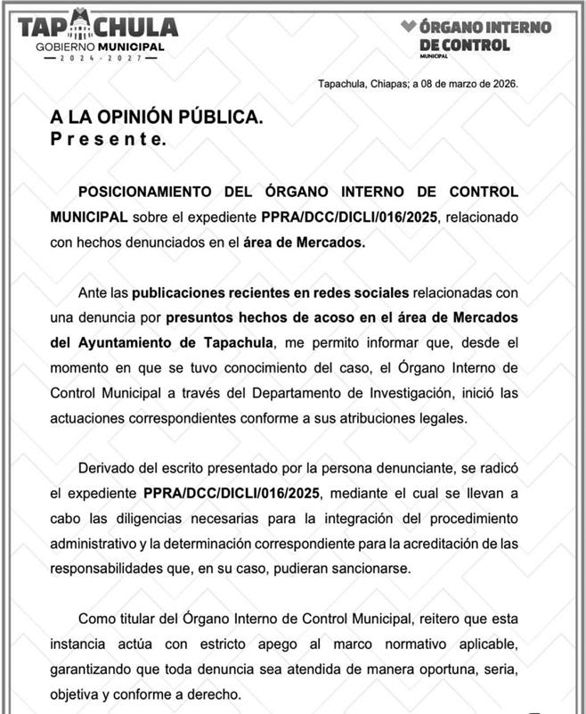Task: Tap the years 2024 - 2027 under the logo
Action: (99, 58)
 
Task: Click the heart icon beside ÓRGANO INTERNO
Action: (408, 27)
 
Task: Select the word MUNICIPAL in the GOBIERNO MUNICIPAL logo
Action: (131, 45)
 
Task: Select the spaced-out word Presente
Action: (107, 139)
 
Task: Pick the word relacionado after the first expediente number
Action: (480, 217)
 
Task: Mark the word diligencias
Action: (183, 518)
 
